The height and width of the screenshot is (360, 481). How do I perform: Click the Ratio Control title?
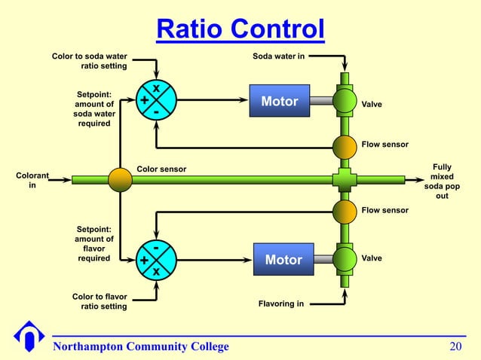point(240,29)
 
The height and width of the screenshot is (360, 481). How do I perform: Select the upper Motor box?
point(280,101)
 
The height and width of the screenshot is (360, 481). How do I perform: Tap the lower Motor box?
point(283,259)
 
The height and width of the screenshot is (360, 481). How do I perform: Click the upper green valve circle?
point(345,101)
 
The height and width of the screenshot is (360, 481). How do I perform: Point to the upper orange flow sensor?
point(345,145)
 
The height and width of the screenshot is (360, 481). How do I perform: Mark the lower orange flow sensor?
point(345,211)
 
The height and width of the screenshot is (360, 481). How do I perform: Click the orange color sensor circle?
point(120,179)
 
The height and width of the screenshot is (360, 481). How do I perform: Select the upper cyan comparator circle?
point(156,101)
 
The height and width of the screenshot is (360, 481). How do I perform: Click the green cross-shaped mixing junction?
point(345,179)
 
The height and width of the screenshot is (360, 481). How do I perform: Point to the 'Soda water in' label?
point(278,56)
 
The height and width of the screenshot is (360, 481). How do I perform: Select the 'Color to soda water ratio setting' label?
point(89,61)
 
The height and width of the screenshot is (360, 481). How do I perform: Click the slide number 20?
point(455,346)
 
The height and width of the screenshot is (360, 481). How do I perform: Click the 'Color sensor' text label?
point(161,169)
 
